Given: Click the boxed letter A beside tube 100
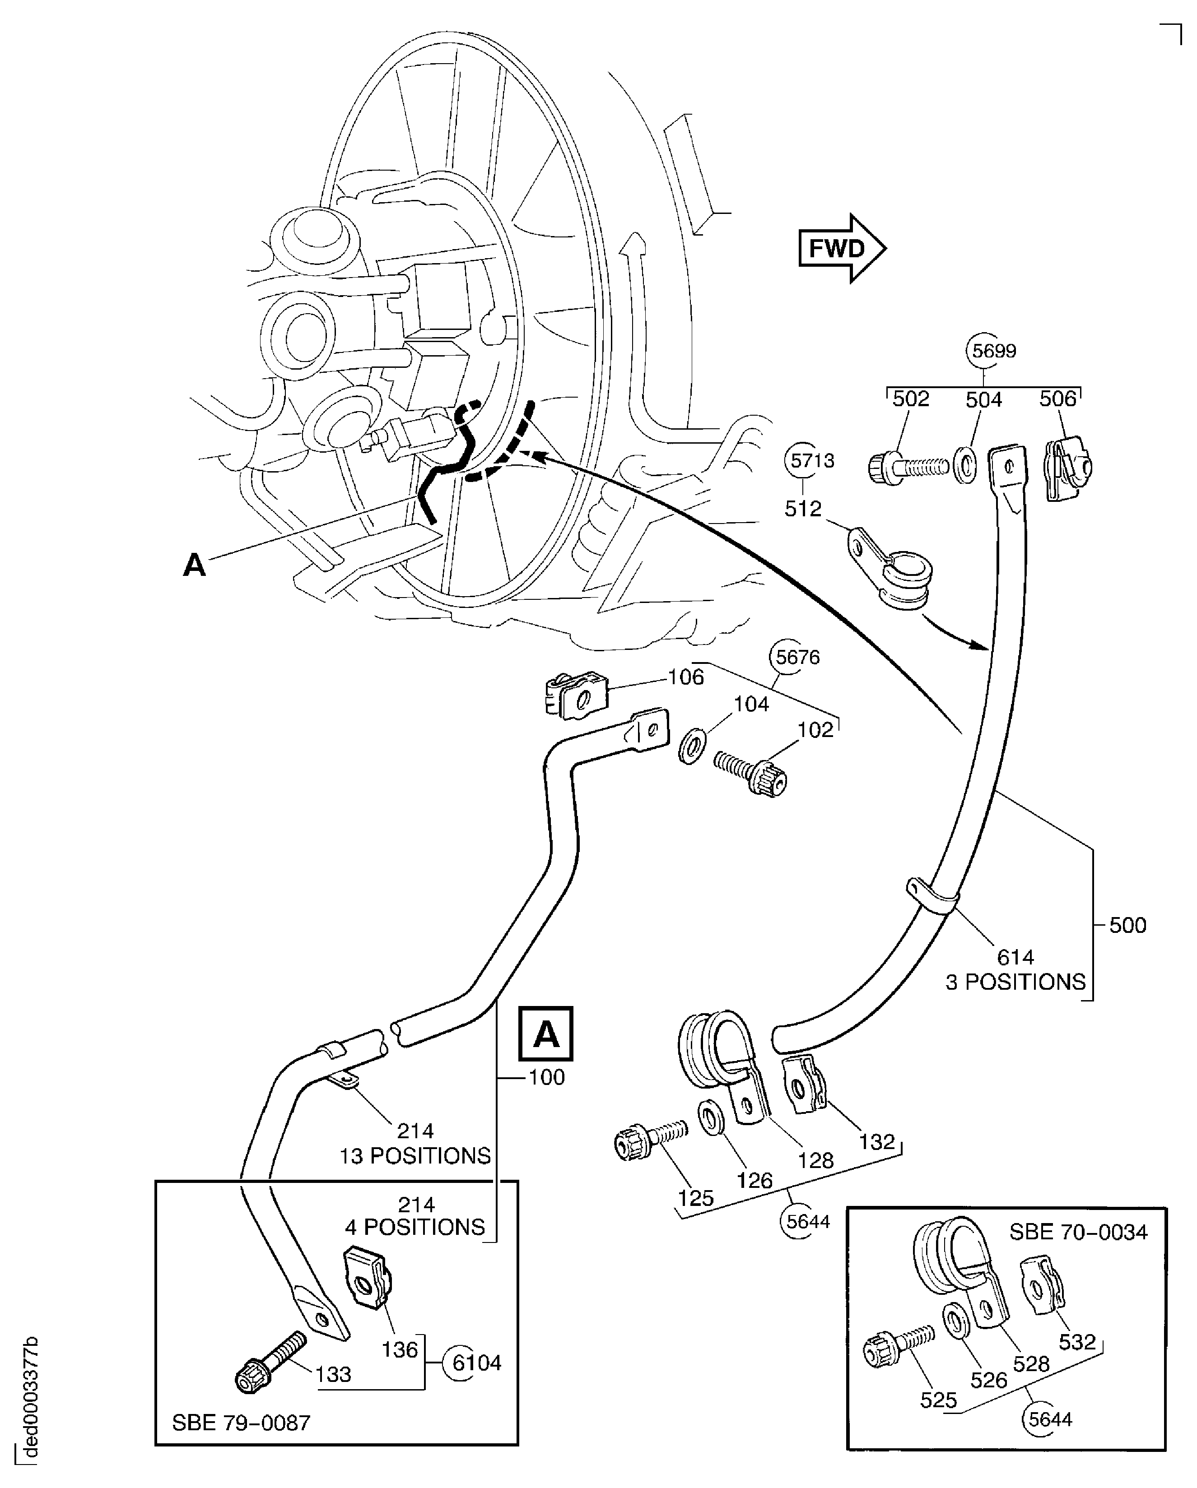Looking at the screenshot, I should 546,1034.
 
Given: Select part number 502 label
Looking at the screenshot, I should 911,399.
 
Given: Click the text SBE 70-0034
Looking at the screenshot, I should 1078,1232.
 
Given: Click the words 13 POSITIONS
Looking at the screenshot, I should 415,1155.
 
